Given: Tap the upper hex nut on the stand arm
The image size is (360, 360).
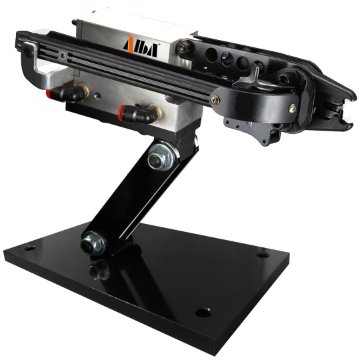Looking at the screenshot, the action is tap(161, 157).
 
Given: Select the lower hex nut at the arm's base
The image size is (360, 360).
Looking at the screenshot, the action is tap(93, 243).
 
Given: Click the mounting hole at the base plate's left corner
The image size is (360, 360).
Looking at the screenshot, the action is tap(29, 248).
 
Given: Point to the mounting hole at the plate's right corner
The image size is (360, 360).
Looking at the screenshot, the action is tap(263, 255).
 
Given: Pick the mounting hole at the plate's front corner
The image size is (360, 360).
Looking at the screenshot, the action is tap(203, 313).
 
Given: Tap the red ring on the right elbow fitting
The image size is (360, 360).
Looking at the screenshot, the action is tap(121, 111).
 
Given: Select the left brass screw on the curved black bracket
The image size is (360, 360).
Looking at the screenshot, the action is tap(215, 100).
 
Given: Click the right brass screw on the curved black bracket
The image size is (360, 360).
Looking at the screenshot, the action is tap(292, 109).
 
